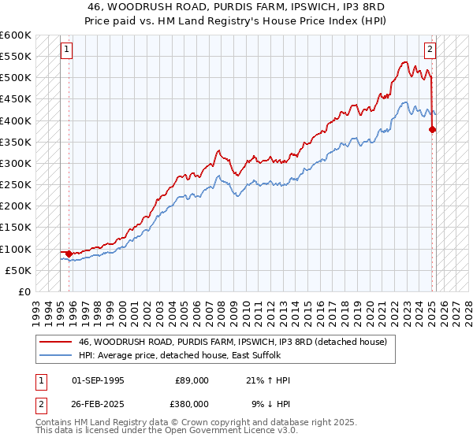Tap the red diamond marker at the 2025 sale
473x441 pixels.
(432, 130)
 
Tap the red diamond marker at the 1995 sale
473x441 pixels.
(69, 254)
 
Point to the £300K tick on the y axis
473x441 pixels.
(15, 163)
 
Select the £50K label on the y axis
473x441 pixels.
(18, 270)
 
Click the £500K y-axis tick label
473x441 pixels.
(15, 78)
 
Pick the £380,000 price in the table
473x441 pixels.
(192, 403)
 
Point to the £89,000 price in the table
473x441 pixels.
(192, 380)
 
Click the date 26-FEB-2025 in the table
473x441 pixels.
(97, 403)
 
